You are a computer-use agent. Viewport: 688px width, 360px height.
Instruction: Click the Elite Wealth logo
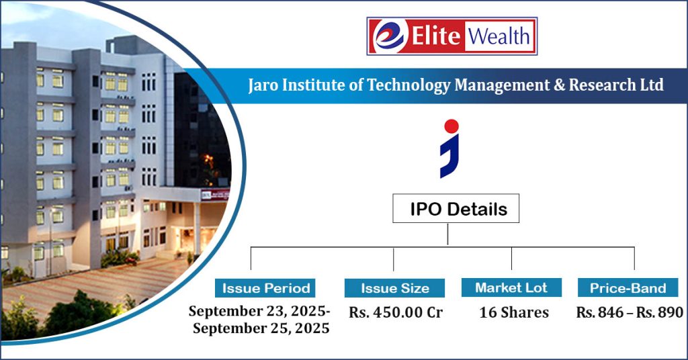click(x=451, y=36)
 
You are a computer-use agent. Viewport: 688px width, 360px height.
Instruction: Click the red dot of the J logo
click(x=451, y=126)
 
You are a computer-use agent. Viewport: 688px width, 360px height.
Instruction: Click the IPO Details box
click(x=456, y=209)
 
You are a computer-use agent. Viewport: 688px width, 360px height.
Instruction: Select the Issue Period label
click(x=266, y=288)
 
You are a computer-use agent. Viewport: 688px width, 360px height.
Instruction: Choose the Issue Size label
click(x=394, y=288)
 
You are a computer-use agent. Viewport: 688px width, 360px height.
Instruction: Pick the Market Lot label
click(x=511, y=287)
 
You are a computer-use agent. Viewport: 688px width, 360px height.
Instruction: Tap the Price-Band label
click(x=628, y=288)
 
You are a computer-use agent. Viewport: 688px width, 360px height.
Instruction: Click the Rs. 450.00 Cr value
click(x=395, y=313)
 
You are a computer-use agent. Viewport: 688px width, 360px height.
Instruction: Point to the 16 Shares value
click(x=513, y=313)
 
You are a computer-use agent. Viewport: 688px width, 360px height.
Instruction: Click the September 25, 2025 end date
click(x=261, y=328)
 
